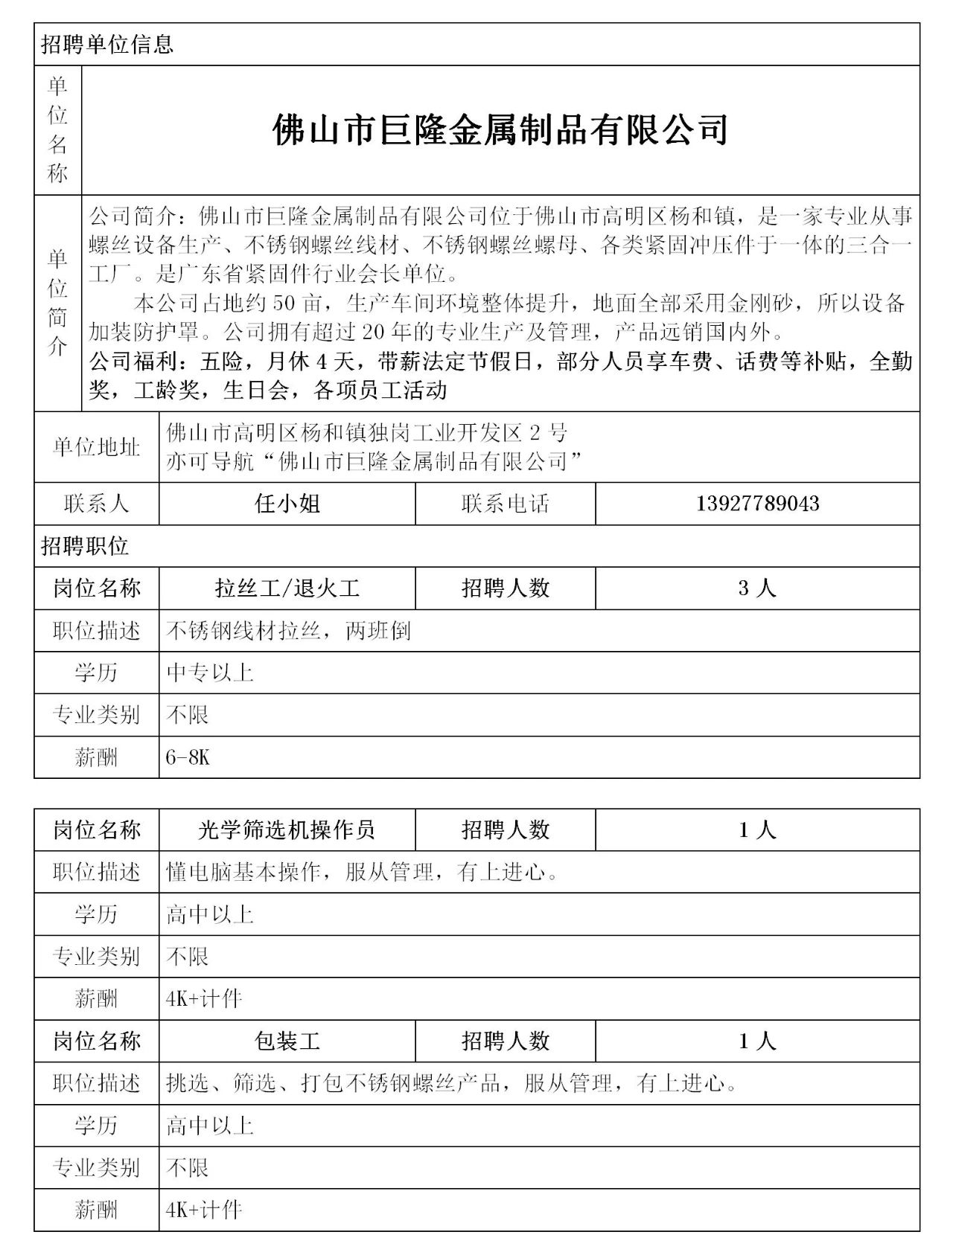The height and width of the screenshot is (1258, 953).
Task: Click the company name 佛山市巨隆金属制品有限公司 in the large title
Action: (x=500, y=130)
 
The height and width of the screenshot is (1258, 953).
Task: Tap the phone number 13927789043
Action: (x=757, y=504)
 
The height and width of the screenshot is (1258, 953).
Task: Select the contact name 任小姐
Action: (x=287, y=504)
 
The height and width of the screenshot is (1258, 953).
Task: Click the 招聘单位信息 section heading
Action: (x=107, y=45)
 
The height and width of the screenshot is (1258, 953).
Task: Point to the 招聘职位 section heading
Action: (x=85, y=546)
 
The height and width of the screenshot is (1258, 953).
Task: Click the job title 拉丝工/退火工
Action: (x=287, y=588)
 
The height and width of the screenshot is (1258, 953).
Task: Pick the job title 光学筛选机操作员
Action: (x=287, y=829)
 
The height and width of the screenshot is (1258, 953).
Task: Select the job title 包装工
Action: (x=287, y=1041)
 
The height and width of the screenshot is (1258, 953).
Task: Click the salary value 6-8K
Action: (x=188, y=757)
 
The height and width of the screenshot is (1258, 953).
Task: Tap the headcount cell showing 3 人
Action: (x=757, y=588)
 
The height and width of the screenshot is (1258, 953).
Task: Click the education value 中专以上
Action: (x=210, y=673)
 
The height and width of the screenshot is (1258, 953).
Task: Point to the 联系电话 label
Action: (x=505, y=504)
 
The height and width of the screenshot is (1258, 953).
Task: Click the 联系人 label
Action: (x=96, y=504)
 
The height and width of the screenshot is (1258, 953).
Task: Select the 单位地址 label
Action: (x=96, y=447)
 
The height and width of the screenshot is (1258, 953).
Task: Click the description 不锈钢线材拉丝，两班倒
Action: (x=288, y=631)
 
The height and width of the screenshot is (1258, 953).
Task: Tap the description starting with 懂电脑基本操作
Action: (x=362, y=872)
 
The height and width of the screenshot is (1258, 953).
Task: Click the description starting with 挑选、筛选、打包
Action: (x=451, y=1083)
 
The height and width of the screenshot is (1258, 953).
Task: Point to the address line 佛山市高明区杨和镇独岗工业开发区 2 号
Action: (x=366, y=432)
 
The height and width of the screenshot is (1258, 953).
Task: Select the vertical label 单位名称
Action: (x=57, y=130)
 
